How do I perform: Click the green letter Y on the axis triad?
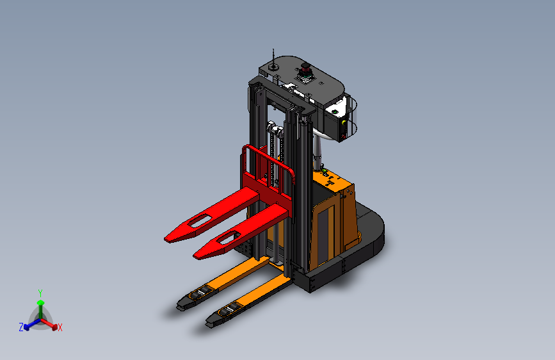click(40, 293)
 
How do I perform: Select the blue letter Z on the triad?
click(21, 327)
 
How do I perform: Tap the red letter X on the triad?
click(60, 327)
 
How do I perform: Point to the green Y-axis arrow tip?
click(41, 302)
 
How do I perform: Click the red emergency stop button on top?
click(305, 66)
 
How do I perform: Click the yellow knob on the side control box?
click(344, 122)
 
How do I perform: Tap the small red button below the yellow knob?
click(343, 136)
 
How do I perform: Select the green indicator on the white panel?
click(335, 112)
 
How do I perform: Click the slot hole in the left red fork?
click(200, 221)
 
